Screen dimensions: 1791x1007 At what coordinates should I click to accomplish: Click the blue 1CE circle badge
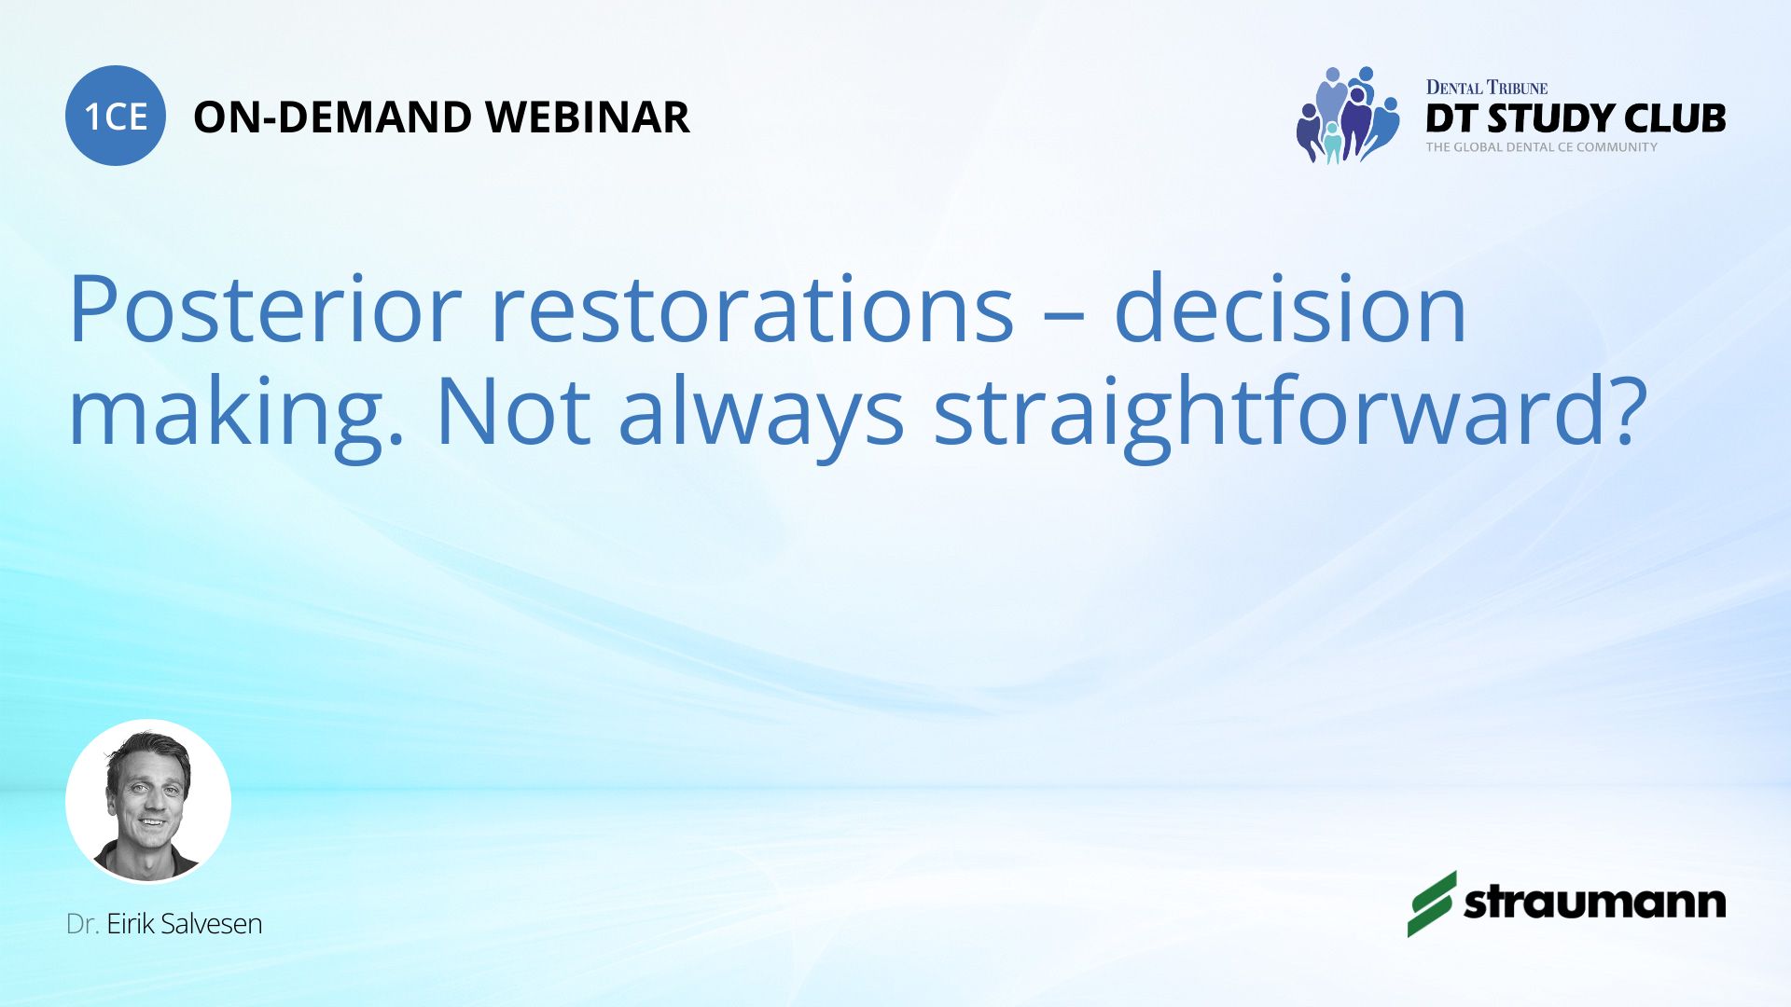tap(116, 116)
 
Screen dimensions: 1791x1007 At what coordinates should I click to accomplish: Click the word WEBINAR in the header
tap(588, 117)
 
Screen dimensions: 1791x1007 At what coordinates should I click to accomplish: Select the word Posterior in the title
tap(265, 309)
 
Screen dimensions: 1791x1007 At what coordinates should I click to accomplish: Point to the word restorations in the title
tap(752, 309)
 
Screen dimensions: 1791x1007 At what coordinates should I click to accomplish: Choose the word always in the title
tap(761, 411)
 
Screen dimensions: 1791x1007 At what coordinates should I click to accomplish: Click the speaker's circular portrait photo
tap(148, 801)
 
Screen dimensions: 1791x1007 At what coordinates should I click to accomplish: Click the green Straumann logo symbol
tap(1432, 904)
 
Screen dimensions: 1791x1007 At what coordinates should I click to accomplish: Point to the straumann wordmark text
tap(1595, 903)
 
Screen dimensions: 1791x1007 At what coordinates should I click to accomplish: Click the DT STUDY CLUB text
tap(1576, 118)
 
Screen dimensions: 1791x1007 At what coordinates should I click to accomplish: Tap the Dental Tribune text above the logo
tap(1487, 88)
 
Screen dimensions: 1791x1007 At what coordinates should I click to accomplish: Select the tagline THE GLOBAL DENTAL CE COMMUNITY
tap(1541, 147)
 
